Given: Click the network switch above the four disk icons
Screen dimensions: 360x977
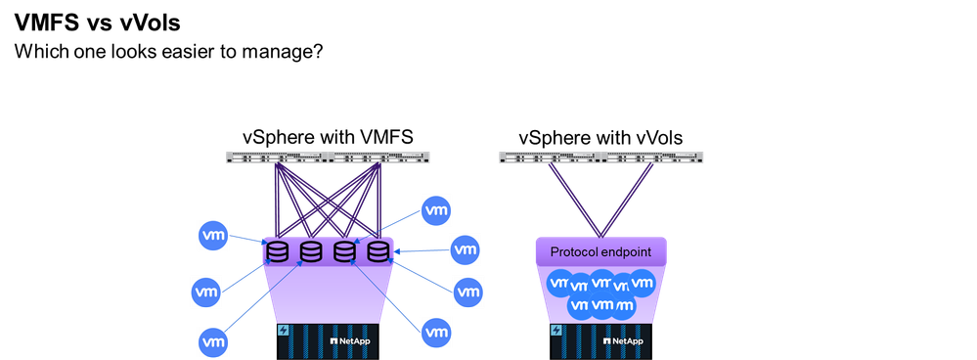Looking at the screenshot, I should point(328,157).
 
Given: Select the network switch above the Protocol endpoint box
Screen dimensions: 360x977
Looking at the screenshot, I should point(600,157).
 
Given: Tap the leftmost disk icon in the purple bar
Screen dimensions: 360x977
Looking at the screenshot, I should point(278,251).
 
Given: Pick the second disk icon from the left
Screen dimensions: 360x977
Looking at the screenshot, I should point(311,251).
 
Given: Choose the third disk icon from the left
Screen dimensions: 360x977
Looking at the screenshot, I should point(344,251).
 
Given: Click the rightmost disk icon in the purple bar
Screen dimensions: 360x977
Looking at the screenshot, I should point(377,251).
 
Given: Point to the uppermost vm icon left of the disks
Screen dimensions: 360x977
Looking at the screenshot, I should point(214,235).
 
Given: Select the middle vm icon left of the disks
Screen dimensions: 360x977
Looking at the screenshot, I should point(206,291).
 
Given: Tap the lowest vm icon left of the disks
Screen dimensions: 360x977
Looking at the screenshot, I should point(214,341).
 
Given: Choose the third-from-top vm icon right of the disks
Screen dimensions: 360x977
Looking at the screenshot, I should point(467,292).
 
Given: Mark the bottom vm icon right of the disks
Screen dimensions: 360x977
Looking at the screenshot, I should point(436,332).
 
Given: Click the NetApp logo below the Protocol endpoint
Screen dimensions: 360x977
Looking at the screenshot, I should point(623,340).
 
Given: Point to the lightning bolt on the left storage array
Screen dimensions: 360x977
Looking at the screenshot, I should point(285,331).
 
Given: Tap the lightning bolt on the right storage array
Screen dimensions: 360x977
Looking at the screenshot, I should point(557,331).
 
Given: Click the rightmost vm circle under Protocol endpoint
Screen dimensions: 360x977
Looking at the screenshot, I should point(642,284).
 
